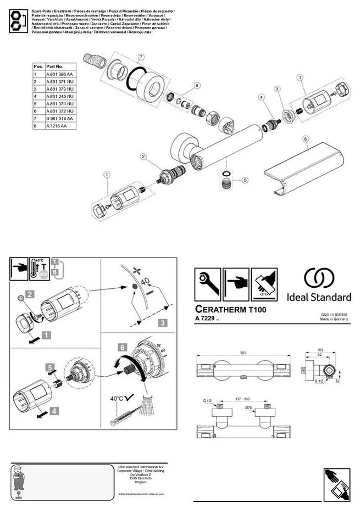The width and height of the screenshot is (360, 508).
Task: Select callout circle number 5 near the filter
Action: coord(245,180)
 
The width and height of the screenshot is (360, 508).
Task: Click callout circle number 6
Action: coord(196,86)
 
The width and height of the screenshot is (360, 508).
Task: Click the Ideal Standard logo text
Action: coord(320,297)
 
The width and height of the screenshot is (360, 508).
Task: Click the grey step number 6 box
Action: coord(123,348)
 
